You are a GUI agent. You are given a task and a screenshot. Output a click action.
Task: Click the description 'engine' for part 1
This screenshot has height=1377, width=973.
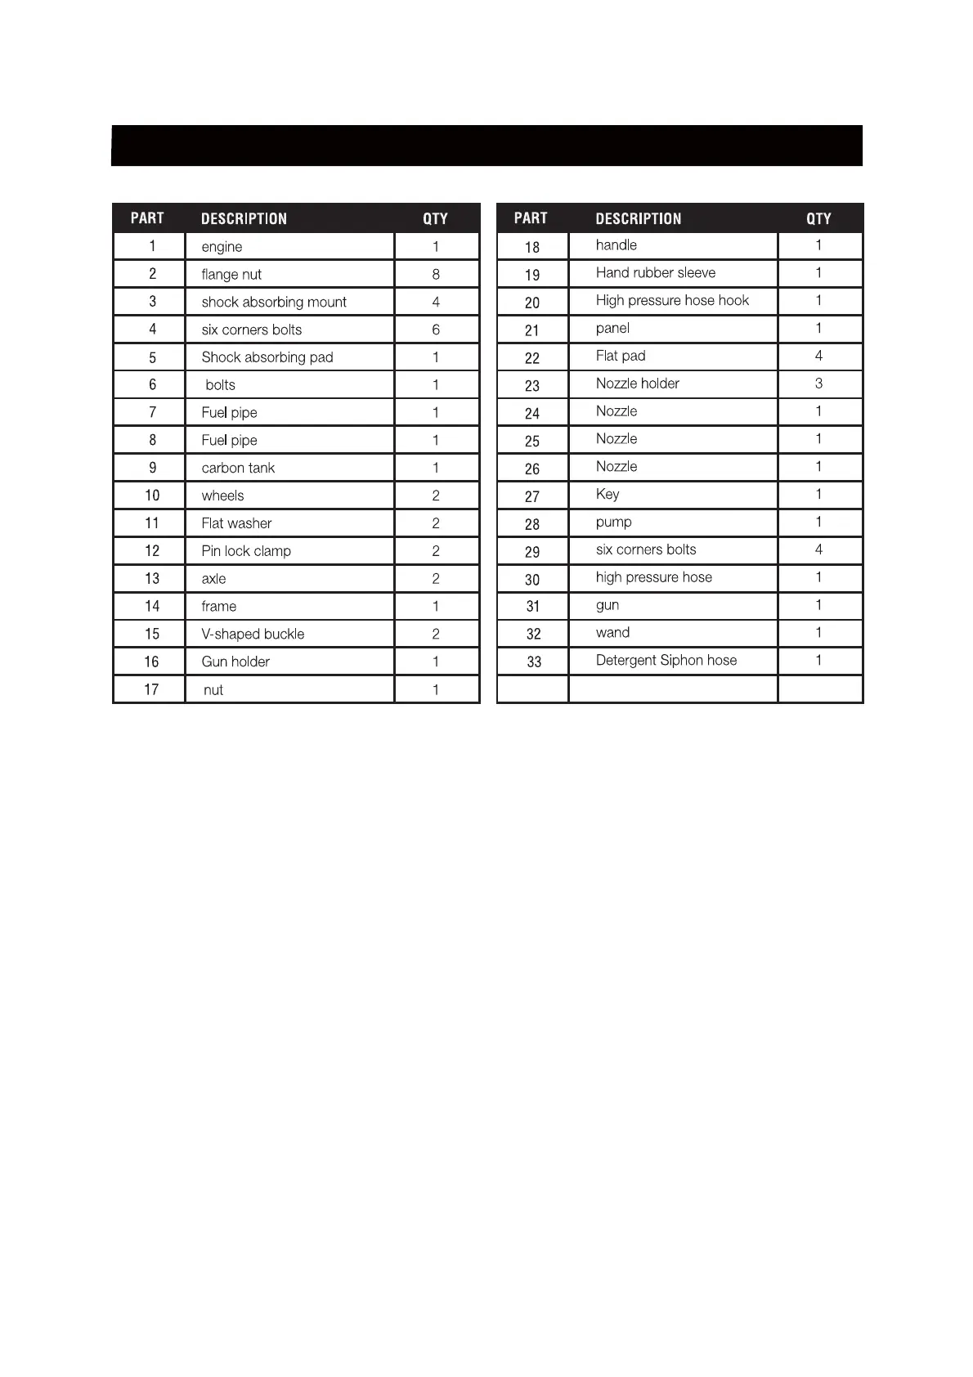[222, 247]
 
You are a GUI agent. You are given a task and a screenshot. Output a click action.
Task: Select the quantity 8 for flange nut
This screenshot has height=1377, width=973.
[436, 275]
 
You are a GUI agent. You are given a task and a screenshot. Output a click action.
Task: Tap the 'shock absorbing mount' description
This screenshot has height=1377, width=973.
[274, 303]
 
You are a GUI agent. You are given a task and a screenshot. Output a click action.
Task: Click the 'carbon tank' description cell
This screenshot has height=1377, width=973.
[238, 469]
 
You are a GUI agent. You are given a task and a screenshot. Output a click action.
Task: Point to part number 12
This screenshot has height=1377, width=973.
[152, 551]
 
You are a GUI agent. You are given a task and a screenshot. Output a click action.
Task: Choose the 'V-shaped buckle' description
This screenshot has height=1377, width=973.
[253, 635]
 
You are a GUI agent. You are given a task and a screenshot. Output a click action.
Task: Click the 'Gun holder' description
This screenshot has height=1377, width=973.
[235, 662]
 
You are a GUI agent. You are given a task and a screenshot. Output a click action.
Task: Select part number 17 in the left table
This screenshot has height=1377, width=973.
[151, 690]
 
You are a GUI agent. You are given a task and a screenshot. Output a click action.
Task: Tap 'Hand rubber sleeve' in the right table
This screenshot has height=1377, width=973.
[656, 273]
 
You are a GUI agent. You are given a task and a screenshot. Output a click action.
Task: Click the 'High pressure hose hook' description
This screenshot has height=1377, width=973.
[672, 301]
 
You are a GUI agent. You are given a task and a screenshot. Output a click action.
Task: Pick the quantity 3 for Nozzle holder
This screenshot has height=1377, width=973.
[818, 383]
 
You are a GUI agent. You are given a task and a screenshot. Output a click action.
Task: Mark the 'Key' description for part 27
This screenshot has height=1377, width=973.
[608, 495]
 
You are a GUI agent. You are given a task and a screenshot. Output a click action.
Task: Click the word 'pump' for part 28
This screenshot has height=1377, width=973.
[613, 523]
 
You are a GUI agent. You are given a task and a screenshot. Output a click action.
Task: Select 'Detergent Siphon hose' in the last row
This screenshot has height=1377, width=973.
[666, 661]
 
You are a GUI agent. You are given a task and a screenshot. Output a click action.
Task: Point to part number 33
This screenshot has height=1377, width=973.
[534, 662]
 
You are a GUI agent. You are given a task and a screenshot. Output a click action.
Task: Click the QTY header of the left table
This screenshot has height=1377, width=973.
[436, 219]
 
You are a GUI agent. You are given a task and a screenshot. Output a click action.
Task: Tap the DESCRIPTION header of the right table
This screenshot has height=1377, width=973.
[639, 219]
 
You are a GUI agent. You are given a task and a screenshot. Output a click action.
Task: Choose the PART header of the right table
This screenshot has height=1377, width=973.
[531, 218]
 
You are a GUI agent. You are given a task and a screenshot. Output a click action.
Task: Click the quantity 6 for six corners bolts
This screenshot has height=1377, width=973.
[436, 330]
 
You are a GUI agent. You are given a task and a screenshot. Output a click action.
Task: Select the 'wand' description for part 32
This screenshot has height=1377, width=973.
[612, 633]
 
